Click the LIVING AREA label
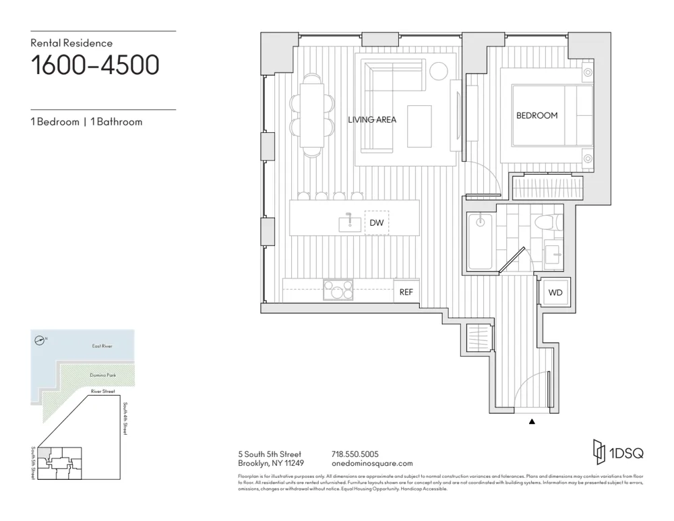[x=372, y=120]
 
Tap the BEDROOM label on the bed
[x=537, y=115]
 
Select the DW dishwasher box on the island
[x=376, y=222]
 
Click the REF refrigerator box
[x=406, y=292]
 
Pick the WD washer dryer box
[x=555, y=293]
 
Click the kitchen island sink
[x=349, y=222]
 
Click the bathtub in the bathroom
[x=480, y=241]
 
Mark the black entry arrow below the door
[x=532, y=422]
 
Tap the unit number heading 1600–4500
[x=95, y=65]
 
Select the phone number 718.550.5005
[x=355, y=454]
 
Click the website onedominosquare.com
[x=372, y=464]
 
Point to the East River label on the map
[x=102, y=346]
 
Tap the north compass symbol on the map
[x=41, y=340]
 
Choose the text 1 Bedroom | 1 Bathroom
[x=86, y=122]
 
